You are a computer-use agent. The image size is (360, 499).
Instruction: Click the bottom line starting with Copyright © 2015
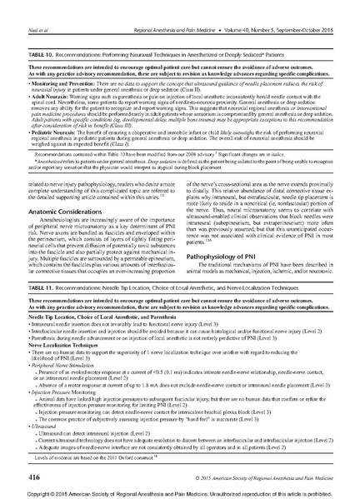(180, 492)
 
